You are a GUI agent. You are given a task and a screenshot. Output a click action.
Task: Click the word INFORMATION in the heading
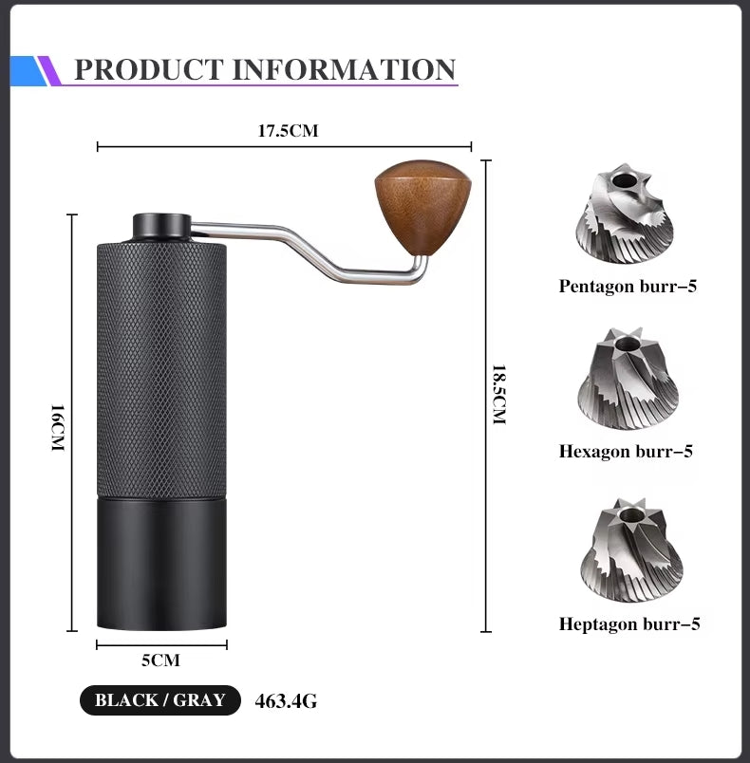pyautogui.click(x=345, y=69)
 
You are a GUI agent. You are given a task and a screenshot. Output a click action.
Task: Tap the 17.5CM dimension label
pyautogui.click(x=288, y=131)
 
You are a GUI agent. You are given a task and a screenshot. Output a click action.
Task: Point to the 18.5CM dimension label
pyautogui.click(x=498, y=394)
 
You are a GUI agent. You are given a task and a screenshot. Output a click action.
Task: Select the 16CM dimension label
pyautogui.click(x=56, y=427)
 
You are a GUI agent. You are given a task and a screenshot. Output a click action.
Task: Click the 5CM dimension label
pyautogui.click(x=160, y=660)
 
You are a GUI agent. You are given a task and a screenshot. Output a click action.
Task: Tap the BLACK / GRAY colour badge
pyautogui.click(x=159, y=700)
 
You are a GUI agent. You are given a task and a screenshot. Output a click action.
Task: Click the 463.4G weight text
pyautogui.click(x=286, y=701)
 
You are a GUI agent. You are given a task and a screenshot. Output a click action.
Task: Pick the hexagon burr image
pyautogui.click(x=628, y=380)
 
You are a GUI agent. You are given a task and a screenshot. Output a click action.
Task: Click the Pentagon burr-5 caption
pyautogui.click(x=628, y=286)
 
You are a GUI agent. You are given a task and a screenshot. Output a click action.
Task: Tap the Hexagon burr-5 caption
pyautogui.click(x=626, y=451)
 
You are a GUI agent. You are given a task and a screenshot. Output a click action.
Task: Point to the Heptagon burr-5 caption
pyautogui.click(x=629, y=623)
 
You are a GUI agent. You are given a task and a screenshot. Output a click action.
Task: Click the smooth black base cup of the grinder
pyautogui.click(x=161, y=564)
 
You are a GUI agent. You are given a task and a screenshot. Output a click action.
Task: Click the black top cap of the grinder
pyautogui.click(x=160, y=226)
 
